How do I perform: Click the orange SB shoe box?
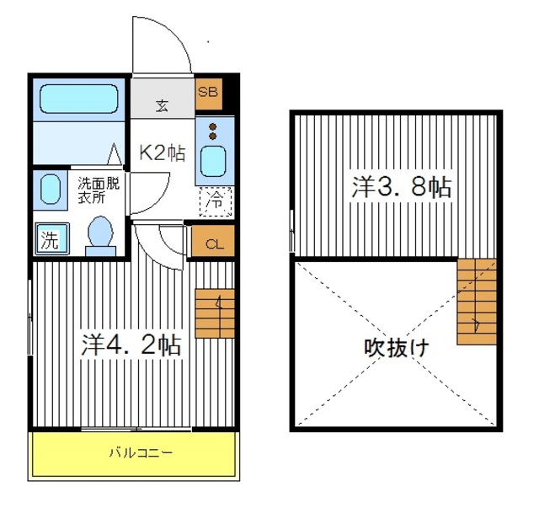coord(208,94)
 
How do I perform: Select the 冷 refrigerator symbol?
coord(216,201)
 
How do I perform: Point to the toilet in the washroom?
coord(101,233)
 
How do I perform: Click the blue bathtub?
coord(80,99)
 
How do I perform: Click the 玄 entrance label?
coord(162,106)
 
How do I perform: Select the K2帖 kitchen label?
coord(162,152)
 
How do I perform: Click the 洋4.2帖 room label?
coord(131,344)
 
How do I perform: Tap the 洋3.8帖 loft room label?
coord(401,186)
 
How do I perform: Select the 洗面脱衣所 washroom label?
coord(99,190)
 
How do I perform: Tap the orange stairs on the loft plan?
coord(477,301)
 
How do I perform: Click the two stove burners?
coord(212,131)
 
